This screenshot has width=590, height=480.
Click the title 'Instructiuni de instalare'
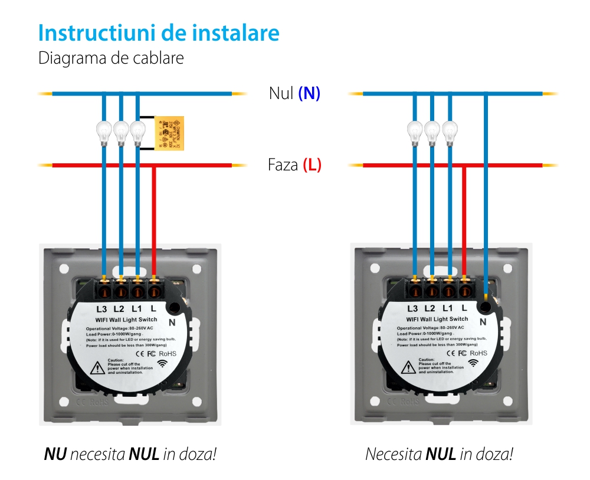(158, 33)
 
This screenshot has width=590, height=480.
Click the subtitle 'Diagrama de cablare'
(111, 58)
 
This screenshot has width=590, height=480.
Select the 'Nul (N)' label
(294, 93)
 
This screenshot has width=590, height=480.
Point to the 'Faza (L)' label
(294, 165)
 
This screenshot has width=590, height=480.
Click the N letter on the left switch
(172, 322)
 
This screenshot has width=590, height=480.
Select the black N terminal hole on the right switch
(484, 307)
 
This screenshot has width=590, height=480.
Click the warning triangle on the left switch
(96, 369)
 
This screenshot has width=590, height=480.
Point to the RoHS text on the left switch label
(167, 353)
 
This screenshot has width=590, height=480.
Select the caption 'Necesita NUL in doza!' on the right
(439, 455)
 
